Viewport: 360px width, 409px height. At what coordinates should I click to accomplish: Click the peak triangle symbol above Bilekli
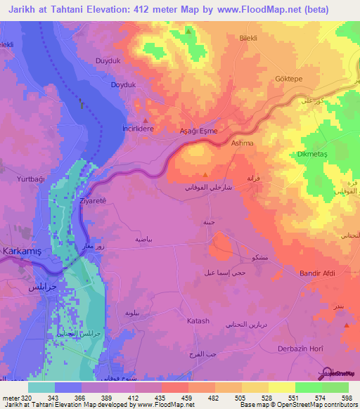point(188,31)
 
